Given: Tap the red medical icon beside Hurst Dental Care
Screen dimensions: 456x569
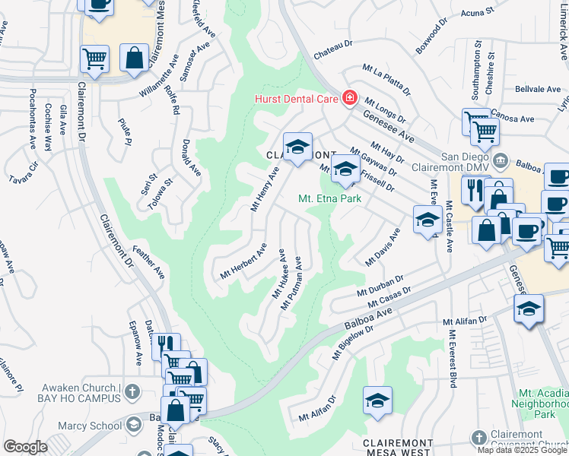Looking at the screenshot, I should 349,97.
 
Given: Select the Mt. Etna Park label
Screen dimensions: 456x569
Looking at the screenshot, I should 328,199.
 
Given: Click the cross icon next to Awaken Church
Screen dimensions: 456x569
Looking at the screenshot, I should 132,392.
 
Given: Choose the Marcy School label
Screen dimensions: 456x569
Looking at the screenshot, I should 95,426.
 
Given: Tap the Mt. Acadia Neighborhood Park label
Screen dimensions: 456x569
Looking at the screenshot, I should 542,404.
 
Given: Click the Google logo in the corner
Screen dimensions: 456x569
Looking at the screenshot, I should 25,447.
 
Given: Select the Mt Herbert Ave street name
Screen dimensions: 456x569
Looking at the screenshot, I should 243,261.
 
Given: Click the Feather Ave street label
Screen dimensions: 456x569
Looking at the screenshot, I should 149,262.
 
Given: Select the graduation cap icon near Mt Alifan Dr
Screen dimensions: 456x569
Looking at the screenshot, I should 377,402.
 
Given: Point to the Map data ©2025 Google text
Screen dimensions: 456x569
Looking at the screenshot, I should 521,450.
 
